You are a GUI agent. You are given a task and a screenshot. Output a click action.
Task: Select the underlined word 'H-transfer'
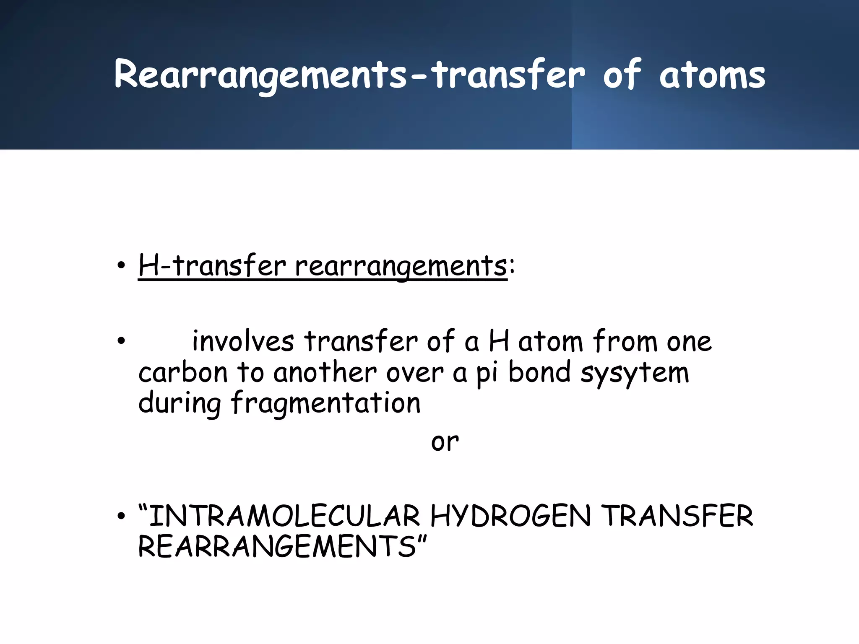point(212,266)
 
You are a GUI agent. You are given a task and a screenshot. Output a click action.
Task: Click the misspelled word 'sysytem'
point(635,373)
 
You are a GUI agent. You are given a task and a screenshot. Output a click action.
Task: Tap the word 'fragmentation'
point(325,404)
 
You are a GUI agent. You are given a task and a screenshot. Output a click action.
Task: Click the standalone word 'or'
point(445,442)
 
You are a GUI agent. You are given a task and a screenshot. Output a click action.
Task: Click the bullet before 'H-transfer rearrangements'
point(121,266)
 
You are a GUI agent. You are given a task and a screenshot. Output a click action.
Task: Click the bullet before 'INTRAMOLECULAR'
point(121,516)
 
